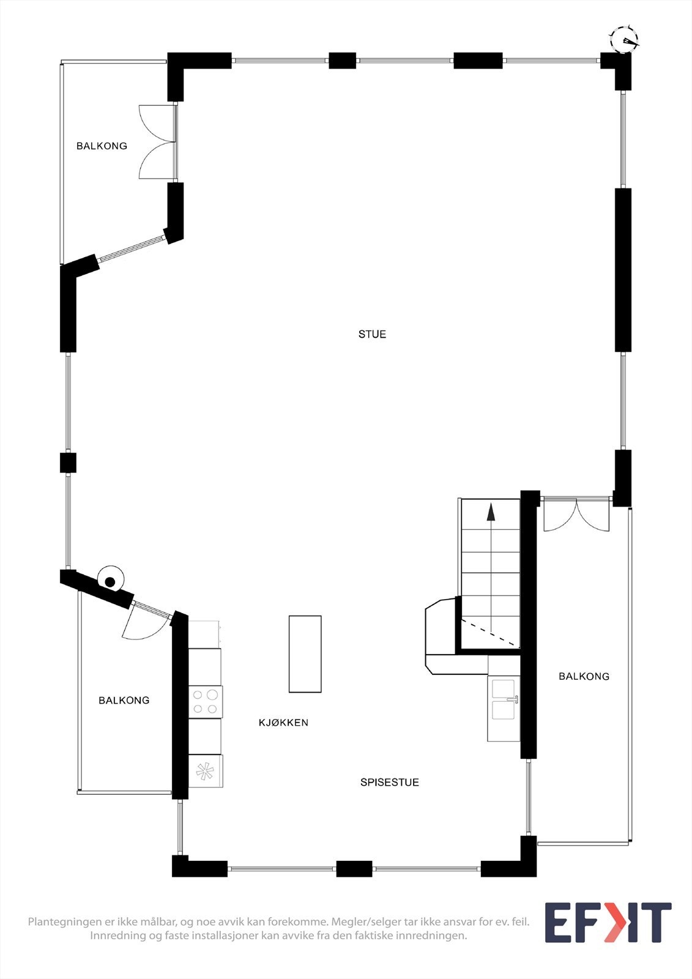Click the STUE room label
pyautogui.click(x=372, y=334)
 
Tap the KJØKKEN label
pyautogui.click(x=283, y=723)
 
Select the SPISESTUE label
pyautogui.click(x=389, y=782)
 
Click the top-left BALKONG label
pyautogui.click(x=102, y=146)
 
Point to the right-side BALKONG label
pyautogui.click(x=584, y=676)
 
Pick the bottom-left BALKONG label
pyautogui.click(x=124, y=700)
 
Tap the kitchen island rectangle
pyautogui.click(x=305, y=654)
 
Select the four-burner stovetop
pyautogui.click(x=205, y=701)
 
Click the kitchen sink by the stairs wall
pyautogui.click(x=504, y=700)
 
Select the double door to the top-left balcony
pyautogui.click(x=158, y=142)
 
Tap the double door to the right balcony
pyautogui.click(x=576, y=515)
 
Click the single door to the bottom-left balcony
pyautogui.click(x=143, y=624)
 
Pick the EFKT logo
pyautogui.click(x=608, y=922)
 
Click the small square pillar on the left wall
pyautogui.click(x=68, y=463)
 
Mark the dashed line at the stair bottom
pyautogui.click(x=489, y=632)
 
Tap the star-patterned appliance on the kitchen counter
pyautogui.click(x=205, y=772)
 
